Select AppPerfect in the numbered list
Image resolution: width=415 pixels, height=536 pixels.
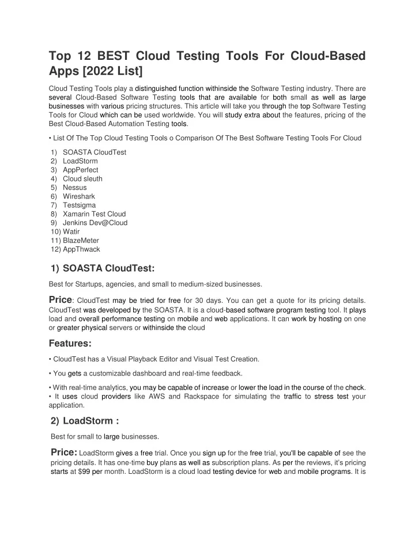(x=80, y=170)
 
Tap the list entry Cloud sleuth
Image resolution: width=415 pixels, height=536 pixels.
(x=82, y=178)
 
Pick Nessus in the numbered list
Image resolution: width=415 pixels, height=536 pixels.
(x=75, y=187)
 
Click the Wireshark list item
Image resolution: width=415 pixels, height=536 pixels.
(x=79, y=196)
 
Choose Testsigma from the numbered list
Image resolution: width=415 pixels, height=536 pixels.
(x=80, y=205)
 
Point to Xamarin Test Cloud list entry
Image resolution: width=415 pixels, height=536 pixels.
(x=93, y=214)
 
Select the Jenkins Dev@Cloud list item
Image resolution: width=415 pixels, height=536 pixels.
(x=95, y=222)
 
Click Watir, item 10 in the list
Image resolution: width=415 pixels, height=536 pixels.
(x=71, y=231)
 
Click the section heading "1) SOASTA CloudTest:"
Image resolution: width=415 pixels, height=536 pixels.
(x=103, y=268)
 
